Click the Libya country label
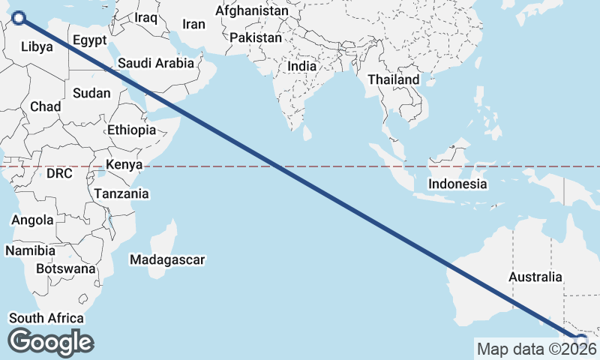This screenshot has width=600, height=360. [x=37, y=46]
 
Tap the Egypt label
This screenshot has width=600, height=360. [x=90, y=40]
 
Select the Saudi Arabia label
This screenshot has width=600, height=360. [x=156, y=64]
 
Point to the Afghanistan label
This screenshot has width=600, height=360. [x=251, y=11]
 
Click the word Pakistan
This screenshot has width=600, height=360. [x=256, y=37]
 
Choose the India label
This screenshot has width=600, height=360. [x=302, y=66]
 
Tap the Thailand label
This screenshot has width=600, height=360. [x=394, y=79]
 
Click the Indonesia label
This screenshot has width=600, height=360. [x=457, y=184]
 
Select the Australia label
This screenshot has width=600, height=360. [x=535, y=277]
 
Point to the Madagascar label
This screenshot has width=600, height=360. [x=167, y=259]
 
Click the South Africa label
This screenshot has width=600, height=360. [x=46, y=318]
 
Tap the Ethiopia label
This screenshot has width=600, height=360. [x=131, y=130]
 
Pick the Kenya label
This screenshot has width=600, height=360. [x=124, y=165]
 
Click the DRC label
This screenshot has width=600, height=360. [x=59, y=174]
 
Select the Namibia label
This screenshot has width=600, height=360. [x=30, y=250]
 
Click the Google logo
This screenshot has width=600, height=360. [x=50, y=342]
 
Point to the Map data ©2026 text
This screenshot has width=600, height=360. [x=536, y=349]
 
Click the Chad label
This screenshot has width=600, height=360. [x=46, y=107]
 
